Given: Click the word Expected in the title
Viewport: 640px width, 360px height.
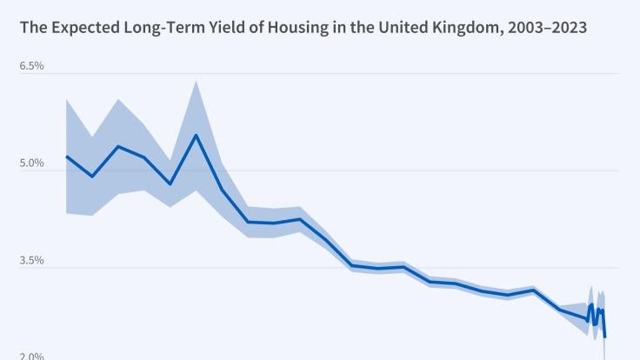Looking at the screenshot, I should pyautogui.click(x=77, y=28).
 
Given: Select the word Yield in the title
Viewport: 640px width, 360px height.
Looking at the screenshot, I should pyautogui.click(x=210, y=28).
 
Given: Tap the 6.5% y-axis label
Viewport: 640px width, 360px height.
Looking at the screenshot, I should pyautogui.click(x=31, y=66).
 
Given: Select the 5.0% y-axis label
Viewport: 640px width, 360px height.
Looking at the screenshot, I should pyautogui.click(x=31, y=163).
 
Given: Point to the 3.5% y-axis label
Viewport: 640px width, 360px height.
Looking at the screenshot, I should pyautogui.click(x=31, y=261).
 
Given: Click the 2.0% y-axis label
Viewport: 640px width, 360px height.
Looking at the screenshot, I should pyautogui.click(x=31, y=356).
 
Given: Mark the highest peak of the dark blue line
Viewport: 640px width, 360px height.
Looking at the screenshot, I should pyautogui.click(x=196, y=135).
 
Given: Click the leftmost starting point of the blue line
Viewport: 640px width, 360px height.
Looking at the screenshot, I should pyautogui.click(x=66, y=157).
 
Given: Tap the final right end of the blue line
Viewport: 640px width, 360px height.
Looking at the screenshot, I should pyautogui.click(x=604, y=337).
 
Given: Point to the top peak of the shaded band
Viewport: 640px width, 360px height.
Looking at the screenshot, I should pyautogui.click(x=196, y=81).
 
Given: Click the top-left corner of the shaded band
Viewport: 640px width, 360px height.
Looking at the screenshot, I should pyautogui.click(x=66, y=100).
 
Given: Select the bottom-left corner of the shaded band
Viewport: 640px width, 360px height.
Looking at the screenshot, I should pyautogui.click(x=66, y=212).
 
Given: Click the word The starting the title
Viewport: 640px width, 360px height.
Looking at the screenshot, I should pyautogui.click(x=31, y=28).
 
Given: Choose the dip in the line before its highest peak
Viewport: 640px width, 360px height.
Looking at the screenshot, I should pyautogui.click(x=170, y=184).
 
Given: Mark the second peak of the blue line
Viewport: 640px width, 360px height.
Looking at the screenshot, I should pyautogui.click(x=118, y=146).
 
